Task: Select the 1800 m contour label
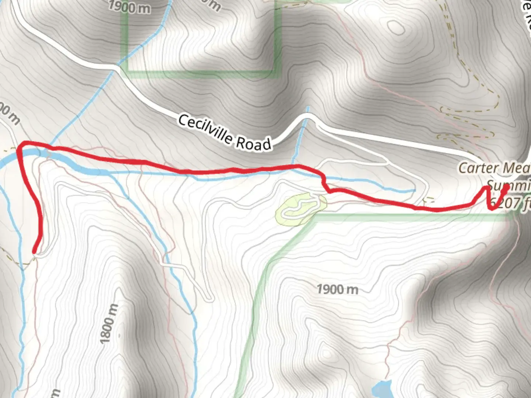109,324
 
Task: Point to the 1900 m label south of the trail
337,289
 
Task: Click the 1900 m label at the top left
129,7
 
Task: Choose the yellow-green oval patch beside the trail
301,208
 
